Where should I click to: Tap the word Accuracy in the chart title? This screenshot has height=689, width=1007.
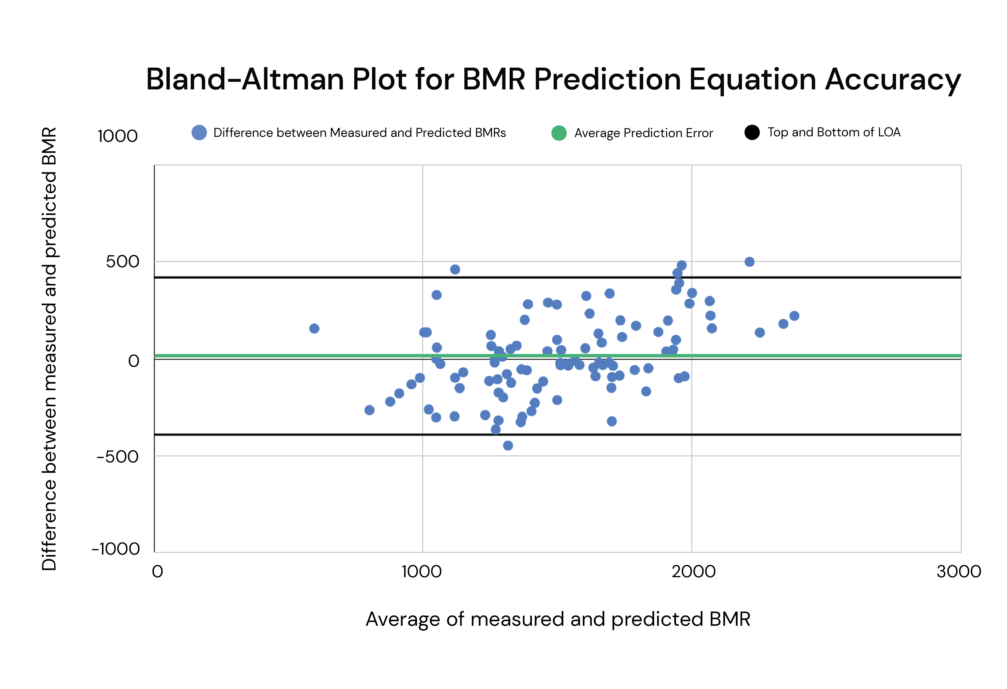coord(892,80)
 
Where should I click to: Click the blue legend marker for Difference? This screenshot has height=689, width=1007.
coord(199,133)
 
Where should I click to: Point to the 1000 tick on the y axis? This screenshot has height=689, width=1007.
coord(118,136)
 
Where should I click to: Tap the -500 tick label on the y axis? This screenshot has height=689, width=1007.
coord(118,456)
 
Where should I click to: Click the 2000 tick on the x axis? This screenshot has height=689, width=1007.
coord(693,571)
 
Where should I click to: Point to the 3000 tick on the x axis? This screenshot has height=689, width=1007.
coord(958,571)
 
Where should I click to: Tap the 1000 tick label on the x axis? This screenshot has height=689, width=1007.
coord(421,571)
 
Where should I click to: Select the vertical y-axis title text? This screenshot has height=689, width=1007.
coord(49,349)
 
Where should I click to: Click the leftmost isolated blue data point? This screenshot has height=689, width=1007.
coord(314,329)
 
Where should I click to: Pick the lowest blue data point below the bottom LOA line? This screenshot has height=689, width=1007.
coord(508,446)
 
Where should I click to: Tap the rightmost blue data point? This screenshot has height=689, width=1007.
coord(794,316)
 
